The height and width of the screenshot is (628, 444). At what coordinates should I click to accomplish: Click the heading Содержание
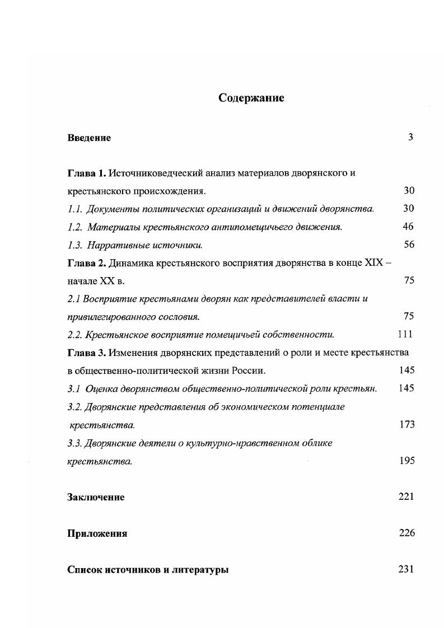(251, 99)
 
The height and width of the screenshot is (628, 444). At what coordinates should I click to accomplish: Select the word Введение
(89, 138)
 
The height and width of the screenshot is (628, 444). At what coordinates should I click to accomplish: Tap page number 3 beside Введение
(410, 137)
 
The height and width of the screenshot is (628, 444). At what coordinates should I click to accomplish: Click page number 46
(408, 227)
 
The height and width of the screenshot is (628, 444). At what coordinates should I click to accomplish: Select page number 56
(409, 245)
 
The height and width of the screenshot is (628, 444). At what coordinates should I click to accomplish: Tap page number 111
(405, 334)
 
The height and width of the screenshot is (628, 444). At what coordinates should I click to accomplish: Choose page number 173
(407, 424)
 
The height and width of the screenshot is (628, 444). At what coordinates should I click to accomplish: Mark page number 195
(407, 461)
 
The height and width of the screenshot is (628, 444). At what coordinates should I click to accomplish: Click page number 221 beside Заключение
(406, 496)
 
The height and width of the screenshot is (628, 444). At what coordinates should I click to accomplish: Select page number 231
(406, 569)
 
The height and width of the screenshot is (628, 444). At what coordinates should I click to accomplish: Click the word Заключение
(96, 497)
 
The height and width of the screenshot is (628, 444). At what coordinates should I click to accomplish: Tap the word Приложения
(97, 533)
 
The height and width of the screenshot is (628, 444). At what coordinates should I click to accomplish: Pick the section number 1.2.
(75, 227)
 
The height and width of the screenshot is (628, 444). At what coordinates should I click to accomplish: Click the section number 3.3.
(74, 443)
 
